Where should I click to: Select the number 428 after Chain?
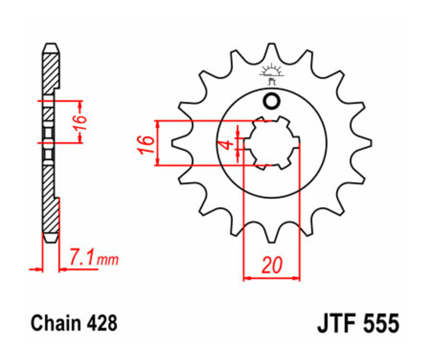tap(102, 324)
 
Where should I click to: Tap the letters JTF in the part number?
tap(335, 324)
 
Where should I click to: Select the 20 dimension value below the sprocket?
tap(272, 265)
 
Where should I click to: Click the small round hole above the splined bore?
tap(272, 101)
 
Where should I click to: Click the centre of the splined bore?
tap(272, 143)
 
